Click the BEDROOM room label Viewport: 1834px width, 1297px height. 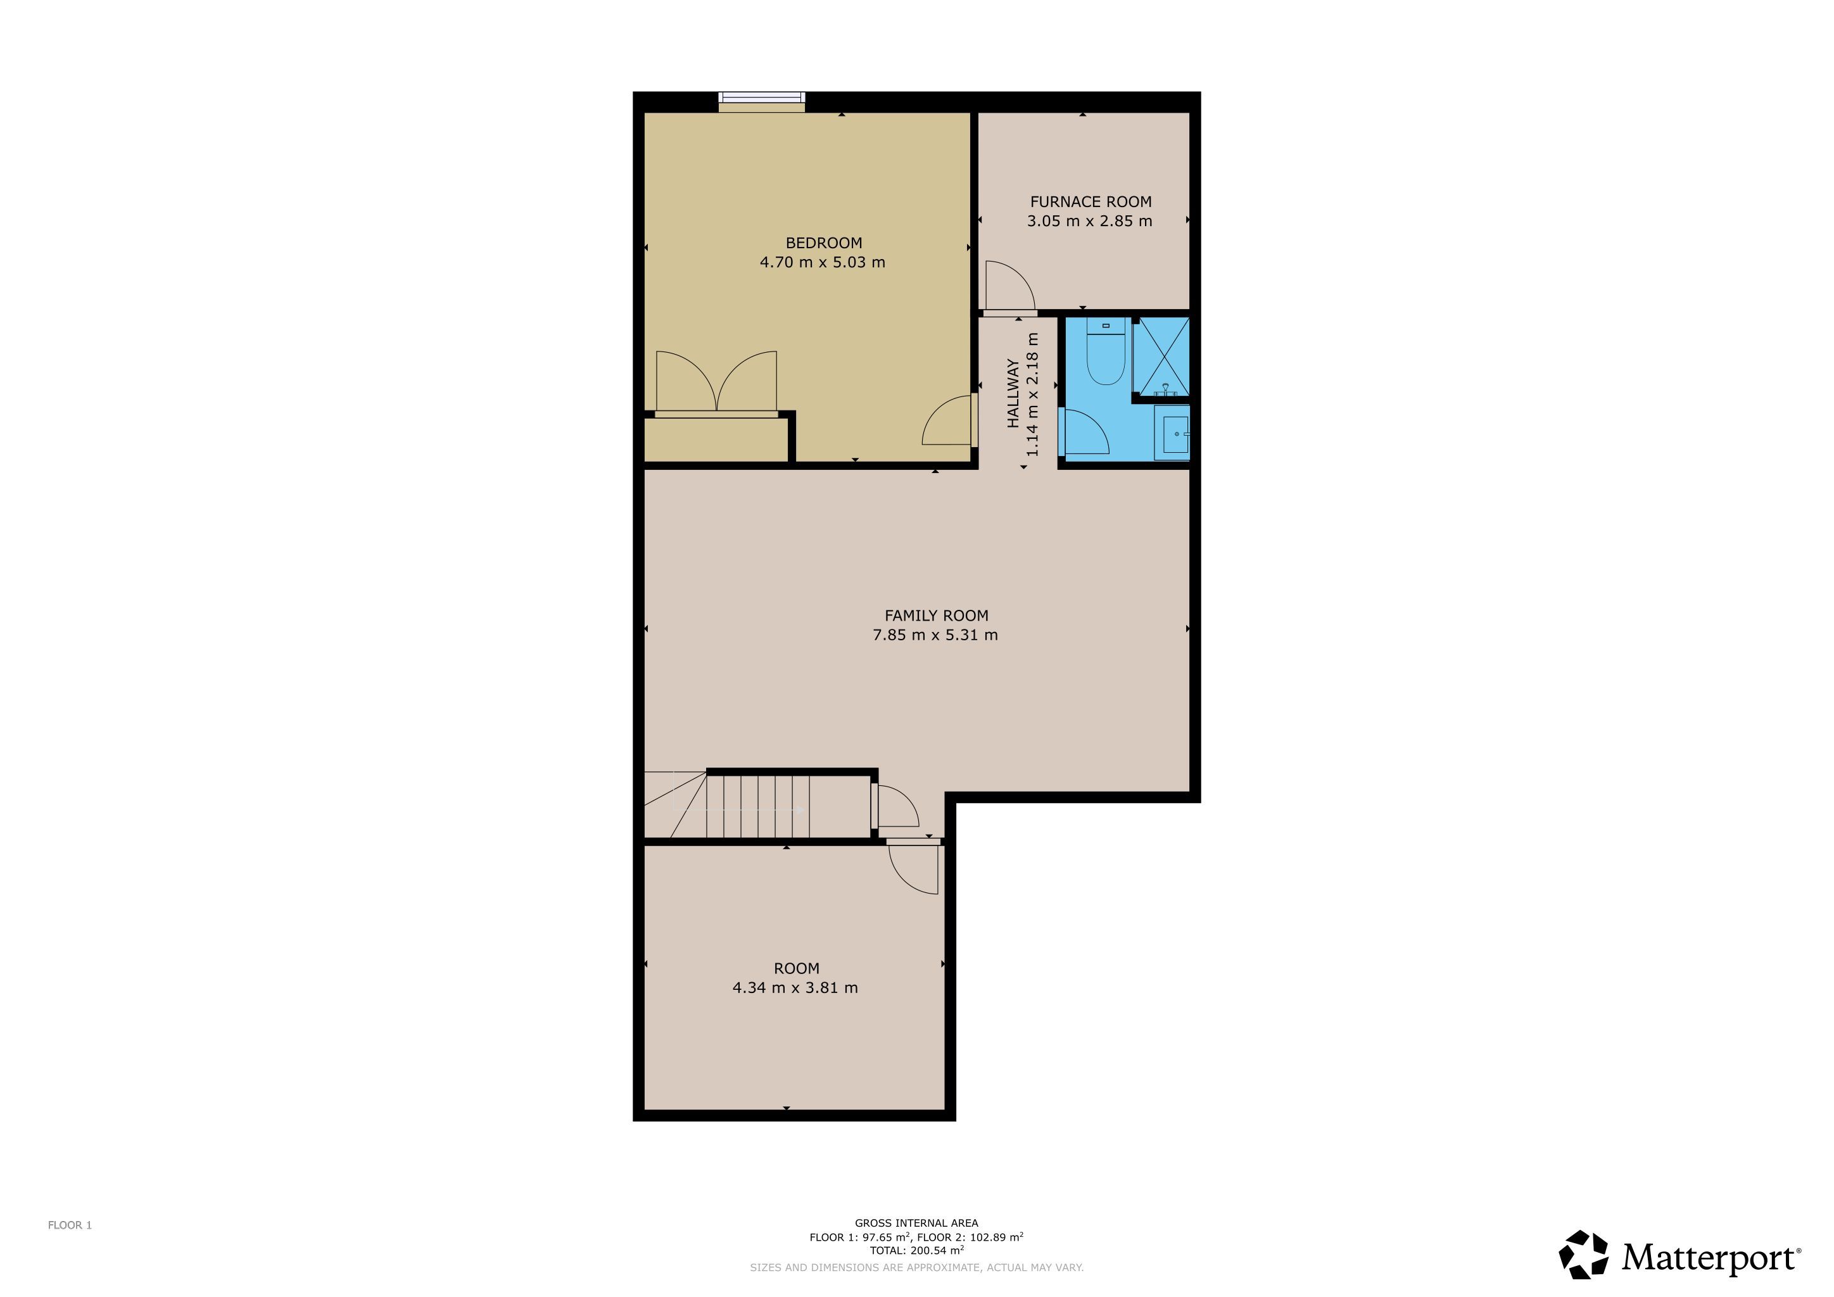[x=823, y=243]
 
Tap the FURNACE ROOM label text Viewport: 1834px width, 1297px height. [x=1091, y=202]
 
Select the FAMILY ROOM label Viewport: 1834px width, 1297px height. [x=936, y=616]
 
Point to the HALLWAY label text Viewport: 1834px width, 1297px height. [x=1013, y=393]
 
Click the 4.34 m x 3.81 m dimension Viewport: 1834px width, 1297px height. [x=795, y=988]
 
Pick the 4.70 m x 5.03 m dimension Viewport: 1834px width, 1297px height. [x=822, y=262]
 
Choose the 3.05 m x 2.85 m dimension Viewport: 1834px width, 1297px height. [x=1089, y=221]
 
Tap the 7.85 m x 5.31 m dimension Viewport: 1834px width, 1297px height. [x=935, y=635]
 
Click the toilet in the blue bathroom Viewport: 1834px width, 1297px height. [x=1106, y=351]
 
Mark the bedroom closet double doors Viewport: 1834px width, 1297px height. [x=716, y=381]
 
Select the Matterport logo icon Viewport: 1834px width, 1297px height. [x=1584, y=1255]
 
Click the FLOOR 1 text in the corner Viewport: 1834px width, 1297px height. [x=70, y=1225]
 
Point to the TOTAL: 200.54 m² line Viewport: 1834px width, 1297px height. [x=917, y=1250]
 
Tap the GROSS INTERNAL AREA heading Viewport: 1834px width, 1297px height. [x=916, y=1223]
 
